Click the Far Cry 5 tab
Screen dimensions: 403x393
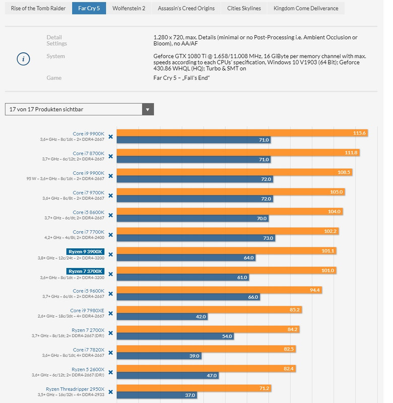(x=89, y=8)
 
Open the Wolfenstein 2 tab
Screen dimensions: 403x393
(x=129, y=8)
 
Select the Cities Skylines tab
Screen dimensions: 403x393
(x=244, y=8)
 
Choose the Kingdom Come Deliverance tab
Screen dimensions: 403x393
(x=306, y=8)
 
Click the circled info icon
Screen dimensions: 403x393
(x=23, y=59)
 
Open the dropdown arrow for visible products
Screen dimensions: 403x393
(x=148, y=109)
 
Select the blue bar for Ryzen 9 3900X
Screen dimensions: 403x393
(x=186, y=257)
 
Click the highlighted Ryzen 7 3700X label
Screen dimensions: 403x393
(x=85, y=271)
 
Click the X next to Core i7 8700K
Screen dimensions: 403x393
(x=110, y=159)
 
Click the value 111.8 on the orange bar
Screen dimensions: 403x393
(x=351, y=152)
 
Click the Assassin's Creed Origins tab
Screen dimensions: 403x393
(x=186, y=8)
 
